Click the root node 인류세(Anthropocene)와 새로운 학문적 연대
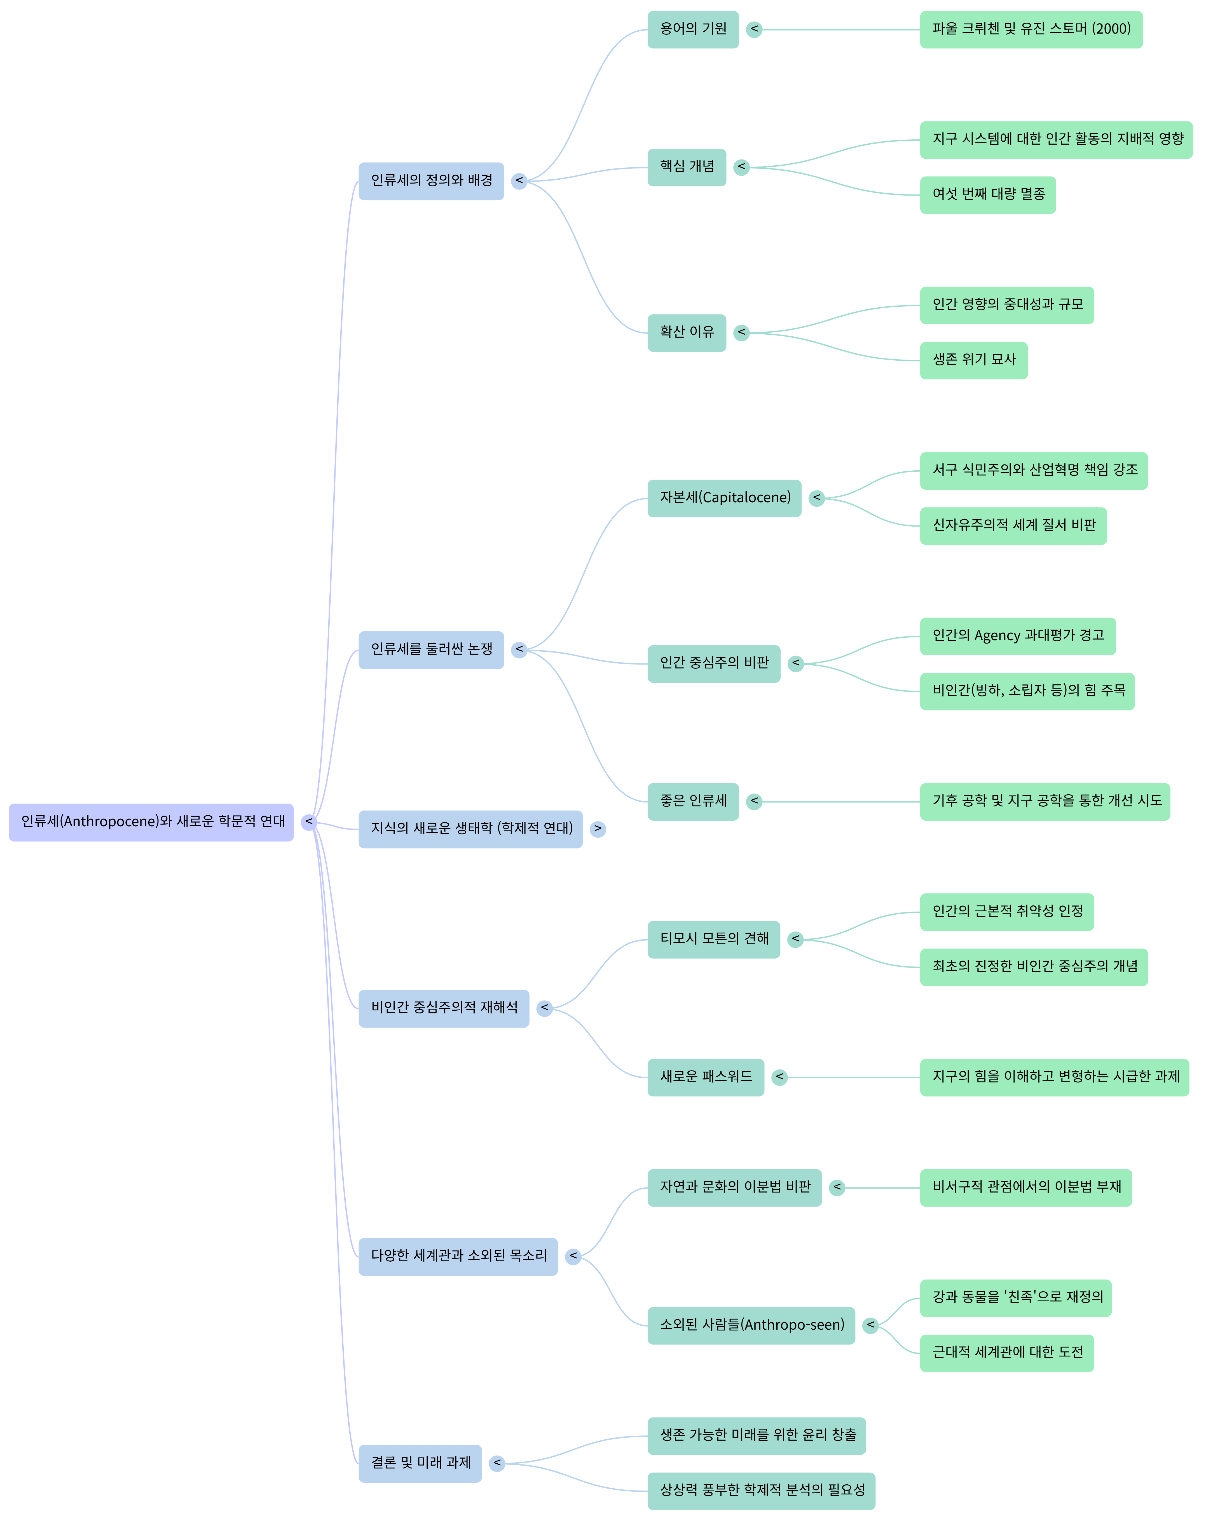coord(151,822)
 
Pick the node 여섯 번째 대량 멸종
coord(987,195)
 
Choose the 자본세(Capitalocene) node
coord(724,498)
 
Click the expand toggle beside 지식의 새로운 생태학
coord(598,829)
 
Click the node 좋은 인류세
coord(692,801)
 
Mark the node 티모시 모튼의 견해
coord(713,939)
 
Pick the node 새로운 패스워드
coord(705,1077)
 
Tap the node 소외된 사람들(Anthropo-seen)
coord(751,1326)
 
